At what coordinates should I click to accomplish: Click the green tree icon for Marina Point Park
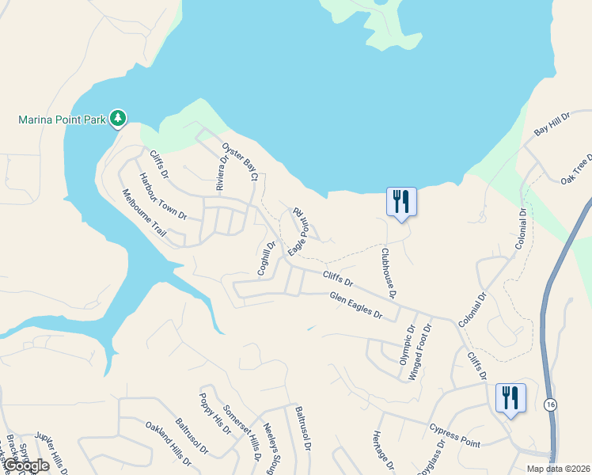click(x=118, y=119)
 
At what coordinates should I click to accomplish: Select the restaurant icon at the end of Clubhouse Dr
click(x=401, y=201)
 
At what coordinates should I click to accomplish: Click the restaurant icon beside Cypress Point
click(x=510, y=397)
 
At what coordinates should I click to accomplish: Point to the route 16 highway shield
click(x=549, y=405)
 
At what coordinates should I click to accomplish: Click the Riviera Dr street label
click(x=223, y=173)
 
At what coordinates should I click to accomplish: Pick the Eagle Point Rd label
click(x=298, y=230)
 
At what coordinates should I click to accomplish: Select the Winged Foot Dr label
click(x=419, y=351)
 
